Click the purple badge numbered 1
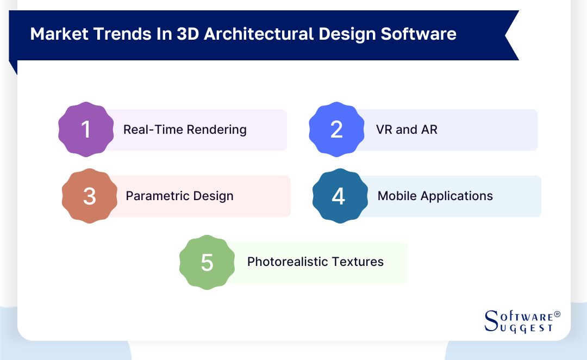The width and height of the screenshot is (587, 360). [x=86, y=129]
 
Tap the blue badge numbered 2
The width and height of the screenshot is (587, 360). [x=336, y=129]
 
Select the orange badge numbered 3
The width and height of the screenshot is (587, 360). [x=89, y=196]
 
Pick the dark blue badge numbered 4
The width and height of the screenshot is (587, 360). [x=339, y=196]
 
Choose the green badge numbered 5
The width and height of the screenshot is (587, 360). [x=207, y=262]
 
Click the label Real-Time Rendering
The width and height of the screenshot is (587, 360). [x=185, y=130]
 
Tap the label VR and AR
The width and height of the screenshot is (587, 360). [x=407, y=130]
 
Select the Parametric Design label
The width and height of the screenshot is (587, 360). [x=179, y=196]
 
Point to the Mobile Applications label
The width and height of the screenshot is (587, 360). [x=435, y=196]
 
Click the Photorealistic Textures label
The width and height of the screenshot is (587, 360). [x=315, y=262]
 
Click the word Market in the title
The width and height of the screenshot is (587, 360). [x=58, y=34]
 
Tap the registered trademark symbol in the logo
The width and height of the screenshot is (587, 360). [x=557, y=314]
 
